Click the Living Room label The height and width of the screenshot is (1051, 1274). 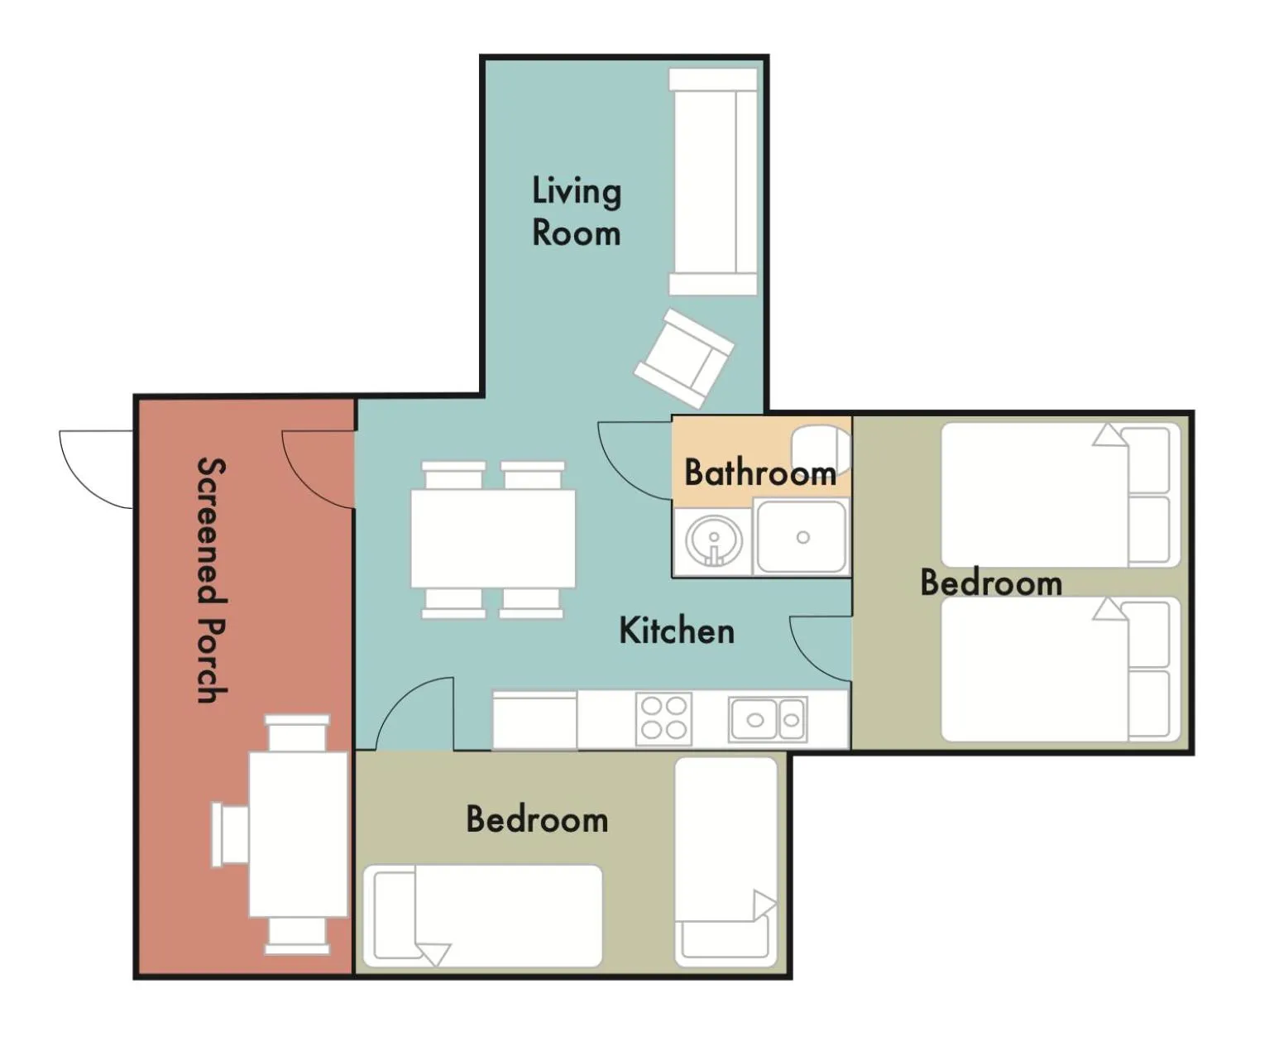point(577,211)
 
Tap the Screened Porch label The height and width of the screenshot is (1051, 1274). point(212,580)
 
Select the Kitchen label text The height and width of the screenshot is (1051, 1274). point(677,631)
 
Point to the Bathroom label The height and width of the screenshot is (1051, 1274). point(760,473)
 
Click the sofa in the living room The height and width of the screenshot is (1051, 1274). point(713,182)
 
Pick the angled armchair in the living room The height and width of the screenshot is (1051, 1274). point(685,358)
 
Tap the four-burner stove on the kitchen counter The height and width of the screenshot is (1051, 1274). point(663,718)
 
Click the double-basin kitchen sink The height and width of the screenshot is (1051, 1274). point(768,720)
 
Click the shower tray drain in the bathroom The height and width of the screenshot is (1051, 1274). point(803,537)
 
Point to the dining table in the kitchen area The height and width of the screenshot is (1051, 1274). point(493,538)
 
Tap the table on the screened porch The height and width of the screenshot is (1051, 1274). point(298,834)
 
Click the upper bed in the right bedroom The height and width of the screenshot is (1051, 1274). point(1061,495)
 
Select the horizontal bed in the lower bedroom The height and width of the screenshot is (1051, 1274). point(482,915)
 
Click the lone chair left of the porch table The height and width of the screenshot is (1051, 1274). point(230,834)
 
